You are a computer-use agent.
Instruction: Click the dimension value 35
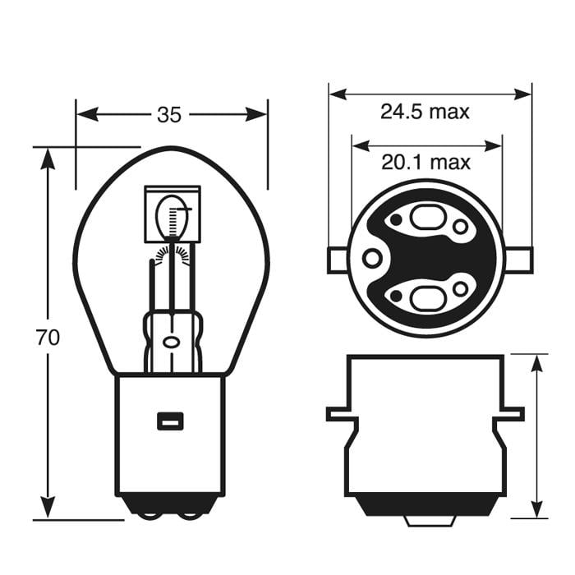pos(168,115)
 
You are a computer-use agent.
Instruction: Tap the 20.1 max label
pos(425,162)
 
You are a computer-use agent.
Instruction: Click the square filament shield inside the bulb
pos(172,214)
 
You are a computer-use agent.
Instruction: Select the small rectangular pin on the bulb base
pos(170,421)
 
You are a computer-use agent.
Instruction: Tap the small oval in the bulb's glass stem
pos(171,341)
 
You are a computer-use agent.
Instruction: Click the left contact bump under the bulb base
pos(149,515)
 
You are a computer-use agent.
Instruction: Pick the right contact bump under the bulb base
pos(190,515)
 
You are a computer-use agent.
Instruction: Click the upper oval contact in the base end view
pos(425,220)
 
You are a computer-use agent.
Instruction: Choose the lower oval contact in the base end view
pos(425,297)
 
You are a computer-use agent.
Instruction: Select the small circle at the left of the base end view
pos(372,259)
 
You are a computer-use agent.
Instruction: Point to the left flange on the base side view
pos(341,413)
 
